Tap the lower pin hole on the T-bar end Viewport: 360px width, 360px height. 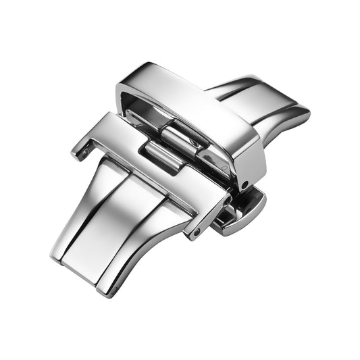pos(197,232)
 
